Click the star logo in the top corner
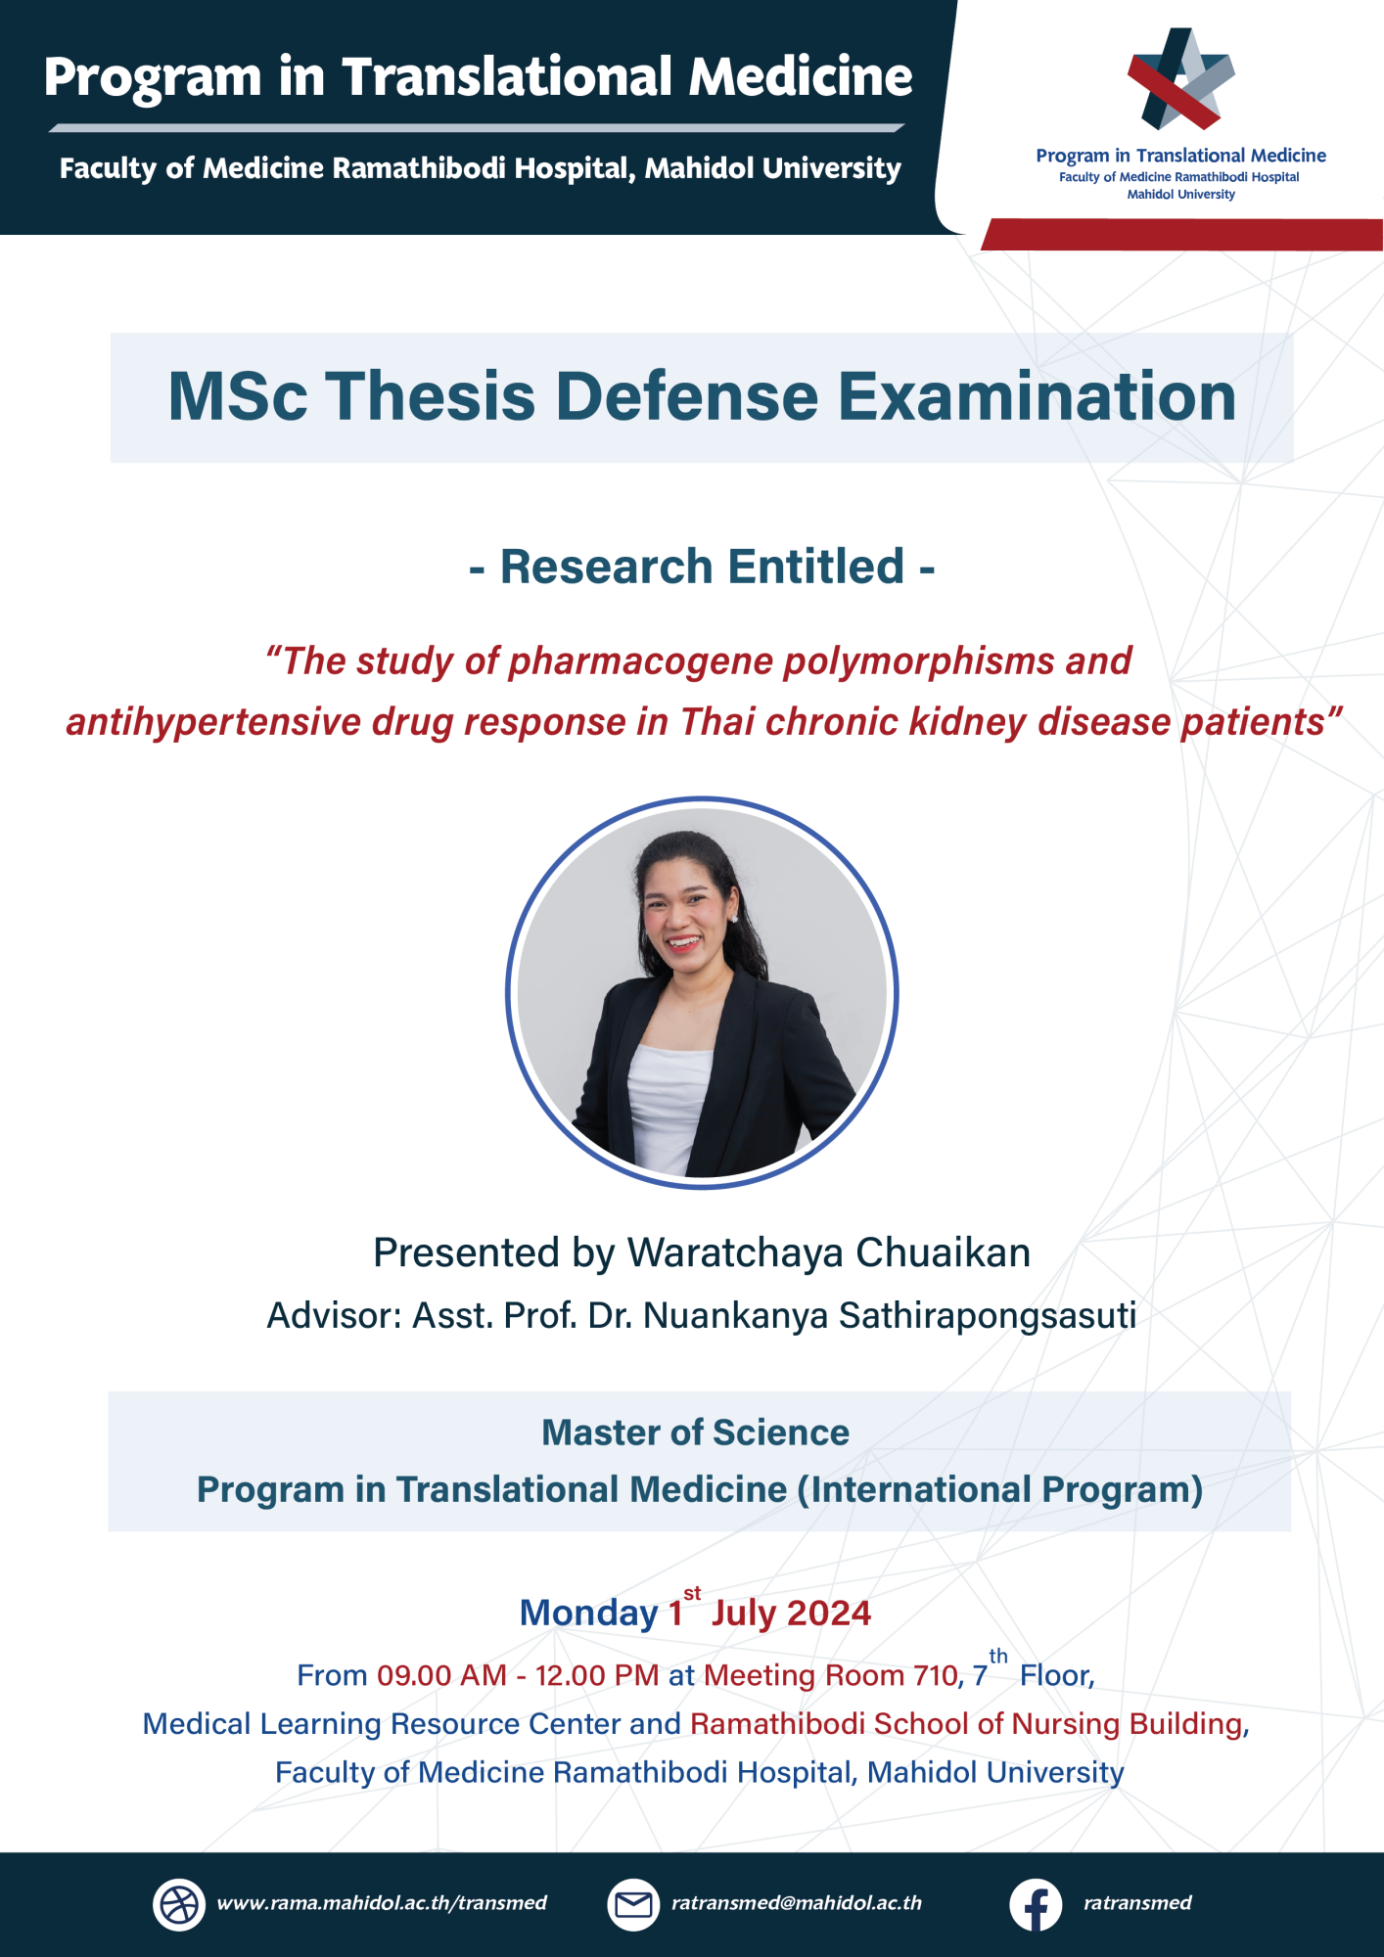click(1180, 78)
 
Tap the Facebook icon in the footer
click(1036, 1904)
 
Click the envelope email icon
click(633, 1904)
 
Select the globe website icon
click(179, 1904)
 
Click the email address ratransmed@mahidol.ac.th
click(797, 1903)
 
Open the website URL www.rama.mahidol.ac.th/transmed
click(382, 1903)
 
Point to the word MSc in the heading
click(238, 396)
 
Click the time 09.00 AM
click(441, 1675)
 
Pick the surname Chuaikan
click(944, 1252)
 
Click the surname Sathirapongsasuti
click(988, 1316)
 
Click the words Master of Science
click(696, 1433)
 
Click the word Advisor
click(334, 1316)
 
